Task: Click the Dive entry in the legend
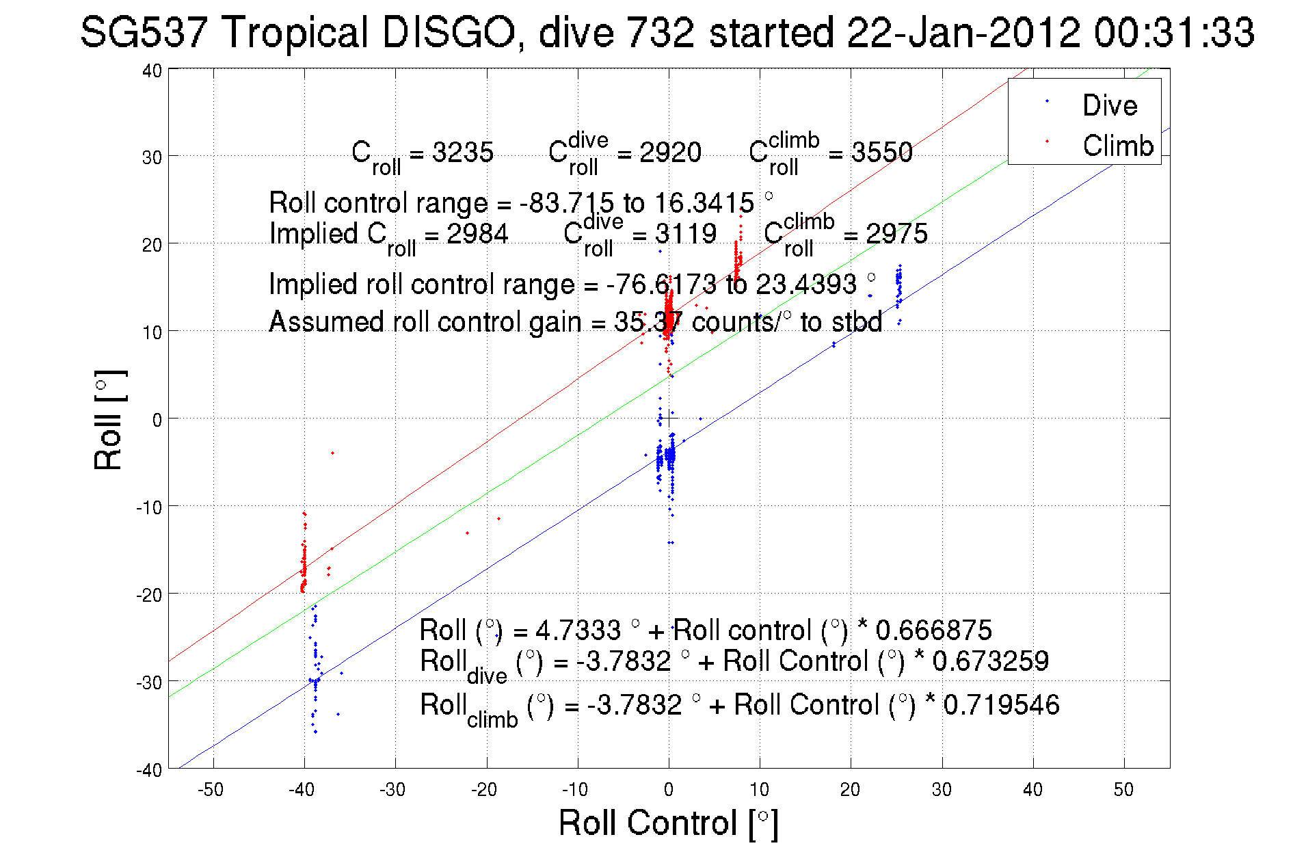(x=1109, y=105)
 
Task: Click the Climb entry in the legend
(x=1117, y=146)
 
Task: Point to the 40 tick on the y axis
(x=152, y=70)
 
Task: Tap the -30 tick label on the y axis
(x=148, y=682)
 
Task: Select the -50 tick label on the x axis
(x=210, y=790)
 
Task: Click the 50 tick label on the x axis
(x=1123, y=790)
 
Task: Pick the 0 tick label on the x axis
(x=668, y=790)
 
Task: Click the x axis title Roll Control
(x=668, y=823)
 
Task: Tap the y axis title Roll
(x=109, y=420)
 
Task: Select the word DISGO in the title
(x=448, y=32)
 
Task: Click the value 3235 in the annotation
(x=463, y=152)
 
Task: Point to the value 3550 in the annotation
(x=881, y=152)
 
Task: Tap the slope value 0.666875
(x=933, y=630)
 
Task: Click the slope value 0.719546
(x=1001, y=705)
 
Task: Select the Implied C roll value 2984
(x=477, y=234)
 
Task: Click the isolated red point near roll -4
(x=332, y=453)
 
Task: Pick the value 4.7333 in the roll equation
(x=578, y=630)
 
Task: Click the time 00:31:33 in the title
(x=1173, y=32)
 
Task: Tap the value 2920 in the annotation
(x=670, y=152)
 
